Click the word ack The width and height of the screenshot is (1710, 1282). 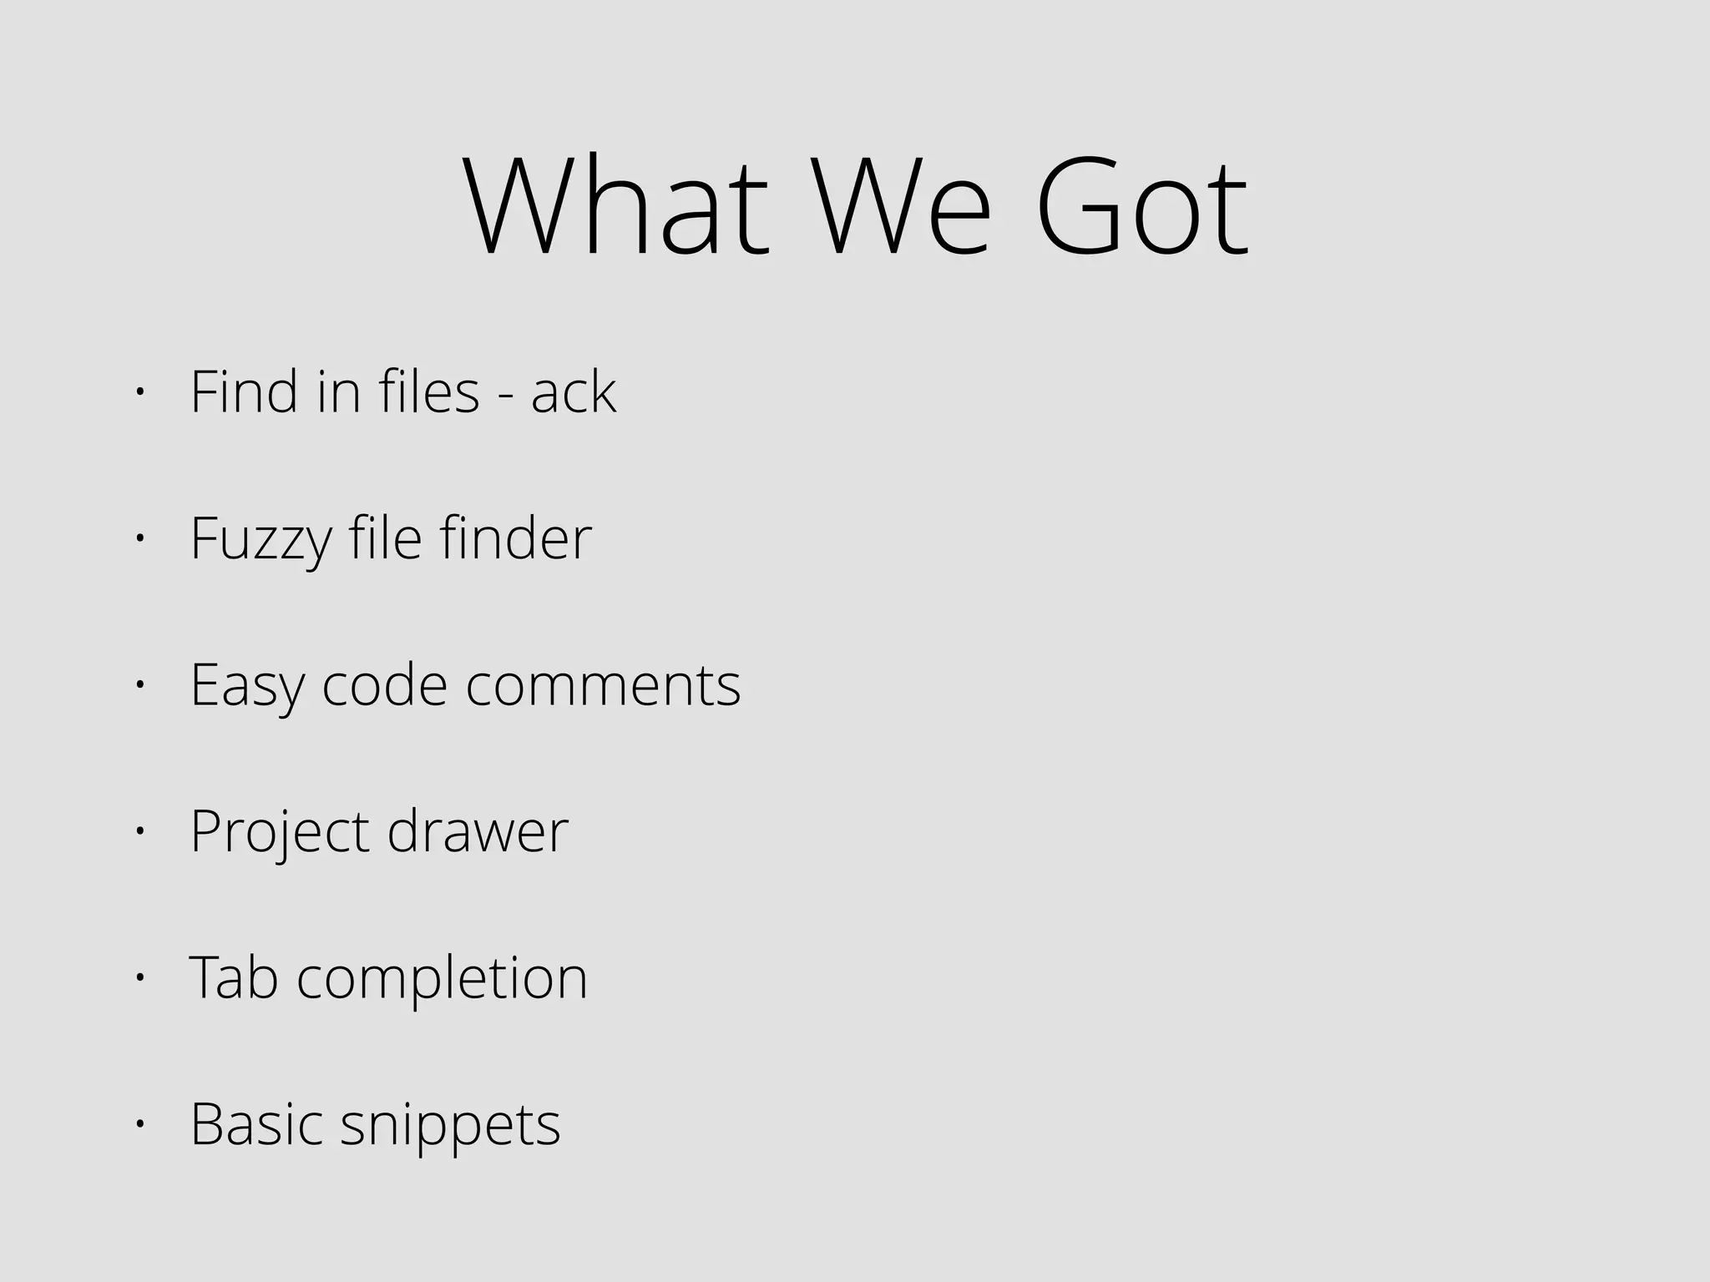[574, 391]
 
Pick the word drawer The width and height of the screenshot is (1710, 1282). [478, 831]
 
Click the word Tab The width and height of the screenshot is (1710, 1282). [234, 977]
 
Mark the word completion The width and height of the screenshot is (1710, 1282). [443, 979]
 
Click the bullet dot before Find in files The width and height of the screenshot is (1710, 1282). [139, 392]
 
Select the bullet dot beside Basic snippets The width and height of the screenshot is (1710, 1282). [139, 1124]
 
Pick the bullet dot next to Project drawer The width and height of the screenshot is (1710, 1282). [139, 831]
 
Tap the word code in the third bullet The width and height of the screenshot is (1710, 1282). [385, 685]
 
